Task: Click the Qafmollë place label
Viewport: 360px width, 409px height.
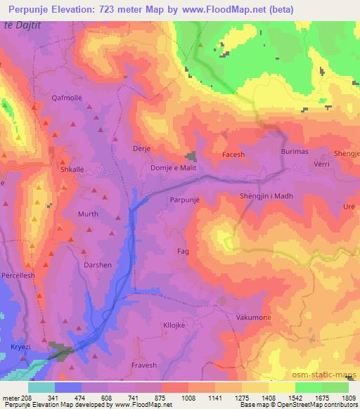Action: tap(67, 98)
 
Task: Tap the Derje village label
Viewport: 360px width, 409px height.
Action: tap(142, 149)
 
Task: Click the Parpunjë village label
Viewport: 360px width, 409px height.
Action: tap(185, 200)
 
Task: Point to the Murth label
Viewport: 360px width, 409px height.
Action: tap(88, 214)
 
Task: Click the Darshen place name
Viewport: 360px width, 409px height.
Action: tap(98, 265)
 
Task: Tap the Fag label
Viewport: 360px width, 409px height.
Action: tap(184, 251)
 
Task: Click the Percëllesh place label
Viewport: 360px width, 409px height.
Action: tap(18, 276)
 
